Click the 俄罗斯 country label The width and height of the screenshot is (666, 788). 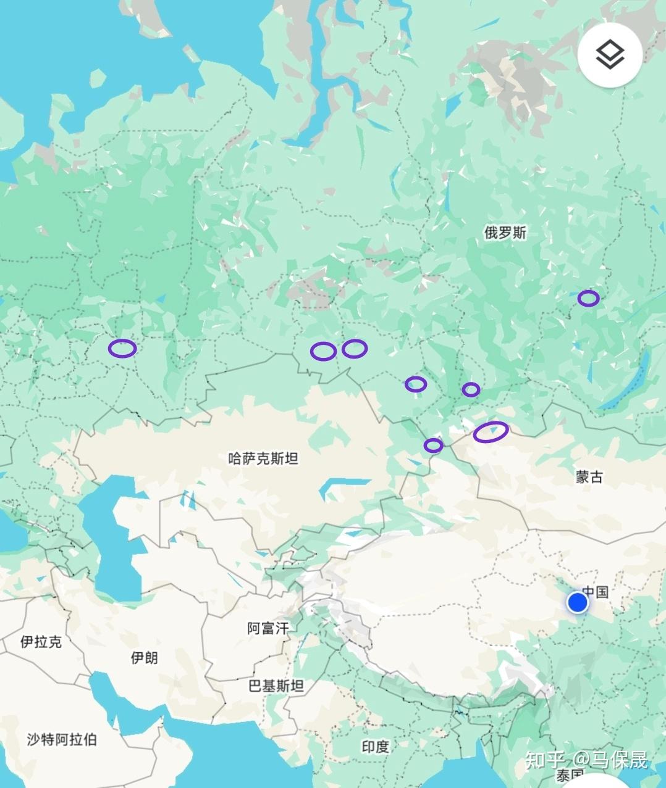click(x=505, y=233)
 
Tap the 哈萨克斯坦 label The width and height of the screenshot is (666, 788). click(x=263, y=458)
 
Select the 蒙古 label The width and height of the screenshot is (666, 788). click(x=589, y=476)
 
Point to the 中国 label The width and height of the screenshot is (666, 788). click(x=596, y=592)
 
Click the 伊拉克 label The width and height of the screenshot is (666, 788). click(x=41, y=642)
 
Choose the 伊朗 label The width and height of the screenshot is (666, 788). click(x=144, y=658)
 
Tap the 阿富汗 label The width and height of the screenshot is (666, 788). click(x=268, y=629)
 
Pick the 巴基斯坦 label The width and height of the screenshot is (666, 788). click(x=276, y=686)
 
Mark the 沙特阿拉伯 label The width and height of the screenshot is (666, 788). click(x=62, y=739)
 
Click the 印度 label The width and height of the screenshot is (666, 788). click(x=375, y=747)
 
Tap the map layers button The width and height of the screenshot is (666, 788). click(x=610, y=56)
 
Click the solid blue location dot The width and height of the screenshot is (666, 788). click(x=578, y=602)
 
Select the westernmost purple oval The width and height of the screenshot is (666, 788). click(x=122, y=348)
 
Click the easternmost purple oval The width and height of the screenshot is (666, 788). click(x=588, y=299)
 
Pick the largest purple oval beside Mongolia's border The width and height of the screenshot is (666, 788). click(x=491, y=432)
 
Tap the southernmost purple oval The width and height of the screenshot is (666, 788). click(x=433, y=445)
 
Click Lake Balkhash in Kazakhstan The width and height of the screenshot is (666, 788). click(x=343, y=484)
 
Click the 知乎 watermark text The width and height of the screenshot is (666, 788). click(x=544, y=760)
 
